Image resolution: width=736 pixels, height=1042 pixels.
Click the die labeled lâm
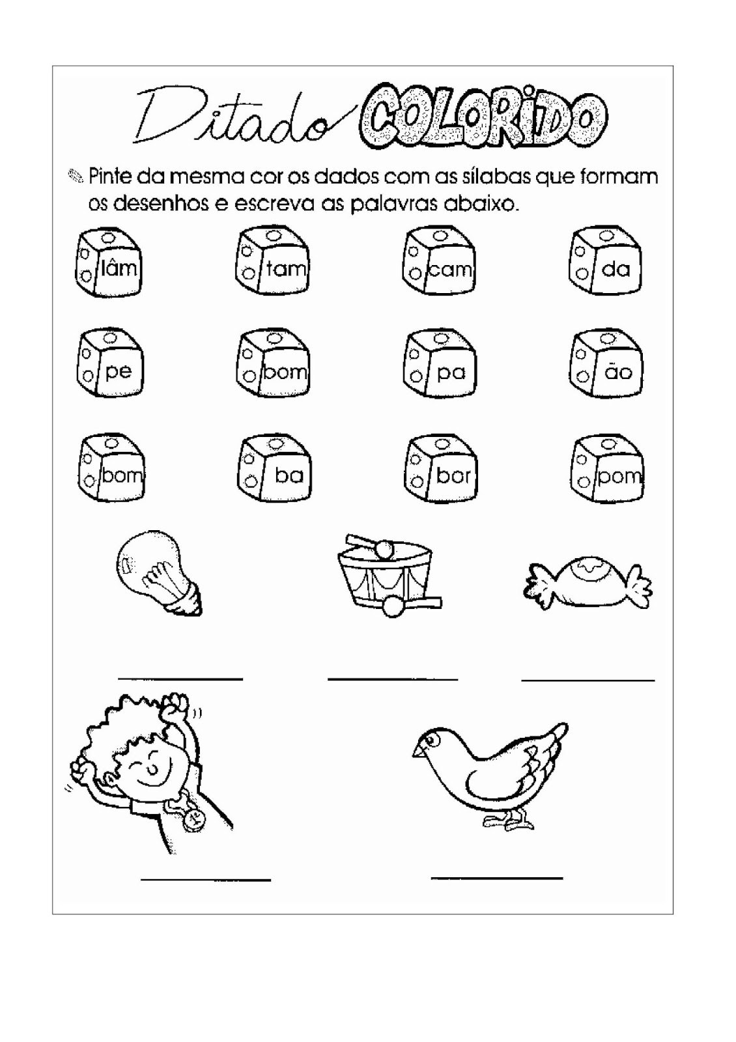pyautogui.click(x=108, y=264)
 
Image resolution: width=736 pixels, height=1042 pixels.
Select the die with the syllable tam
pyautogui.click(x=272, y=264)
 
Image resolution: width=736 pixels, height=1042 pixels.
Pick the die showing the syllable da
pyautogui.click(x=605, y=261)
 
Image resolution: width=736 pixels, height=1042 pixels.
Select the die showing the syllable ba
pyautogui.click(x=274, y=470)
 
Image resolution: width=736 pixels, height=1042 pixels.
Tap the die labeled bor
pyautogui.click(x=440, y=470)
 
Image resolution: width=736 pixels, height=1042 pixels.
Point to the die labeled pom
pyautogui.click(x=607, y=470)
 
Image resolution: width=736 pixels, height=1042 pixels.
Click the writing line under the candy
pyautogui.click(x=588, y=680)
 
